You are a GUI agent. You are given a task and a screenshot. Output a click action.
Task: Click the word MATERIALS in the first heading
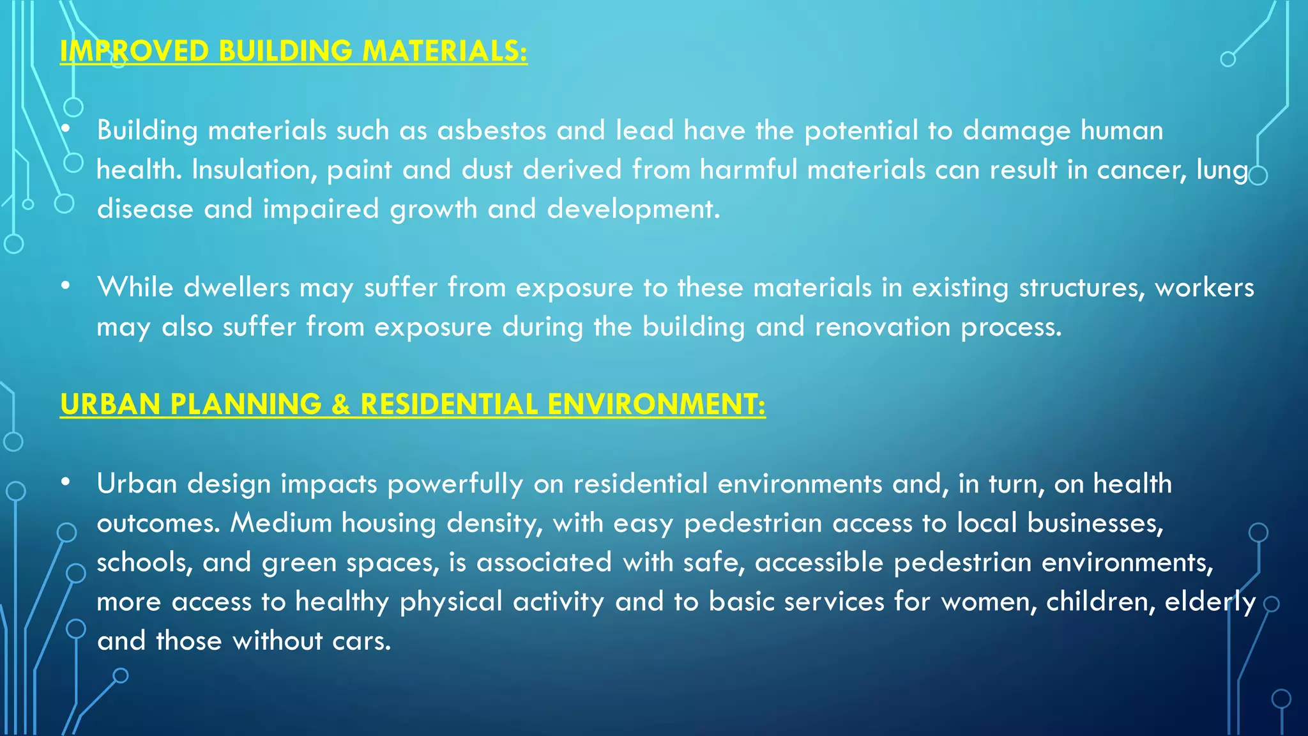pos(444,51)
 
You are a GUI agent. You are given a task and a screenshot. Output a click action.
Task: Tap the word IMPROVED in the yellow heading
pos(134,51)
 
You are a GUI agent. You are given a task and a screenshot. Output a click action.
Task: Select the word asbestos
pos(492,130)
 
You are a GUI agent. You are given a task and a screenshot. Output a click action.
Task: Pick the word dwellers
pos(237,287)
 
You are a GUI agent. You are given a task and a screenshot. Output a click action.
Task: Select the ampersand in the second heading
pos(341,404)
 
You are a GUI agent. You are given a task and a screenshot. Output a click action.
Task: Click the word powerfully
pos(455,484)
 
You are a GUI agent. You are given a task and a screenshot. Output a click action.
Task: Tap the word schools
pos(145,563)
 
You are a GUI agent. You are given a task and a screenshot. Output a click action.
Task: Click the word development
pos(634,210)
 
